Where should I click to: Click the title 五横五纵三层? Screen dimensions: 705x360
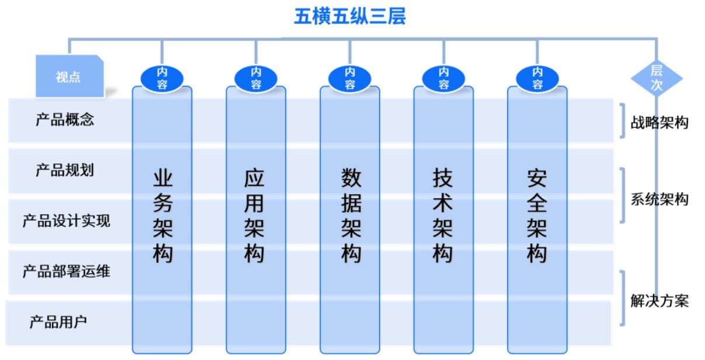[x=350, y=16]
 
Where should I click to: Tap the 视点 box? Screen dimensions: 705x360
[x=70, y=76]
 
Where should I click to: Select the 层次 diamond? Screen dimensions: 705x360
[x=657, y=78]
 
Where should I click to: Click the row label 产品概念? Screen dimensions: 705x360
[x=65, y=120]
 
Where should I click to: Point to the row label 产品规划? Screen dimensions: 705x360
[x=65, y=171]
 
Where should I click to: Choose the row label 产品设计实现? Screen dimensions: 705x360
[x=67, y=221]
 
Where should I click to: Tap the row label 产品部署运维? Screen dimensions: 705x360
[x=67, y=271]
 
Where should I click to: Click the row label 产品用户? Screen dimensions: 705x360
[x=58, y=322]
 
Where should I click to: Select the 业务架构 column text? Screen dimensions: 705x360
[x=163, y=216]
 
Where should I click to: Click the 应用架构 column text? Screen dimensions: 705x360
[x=254, y=216]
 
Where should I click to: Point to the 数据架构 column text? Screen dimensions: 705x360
[x=351, y=216]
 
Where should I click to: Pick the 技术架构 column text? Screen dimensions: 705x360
[x=443, y=216]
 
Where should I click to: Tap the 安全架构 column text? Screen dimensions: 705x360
[x=537, y=216]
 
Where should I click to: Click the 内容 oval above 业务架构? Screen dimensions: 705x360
[x=162, y=79]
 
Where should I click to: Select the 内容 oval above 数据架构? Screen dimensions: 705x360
[x=350, y=79]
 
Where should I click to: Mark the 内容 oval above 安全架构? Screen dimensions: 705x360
[x=537, y=79]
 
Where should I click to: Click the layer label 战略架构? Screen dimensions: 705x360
[x=659, y=122]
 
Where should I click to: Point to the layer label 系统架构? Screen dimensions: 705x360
[x=659, y=199]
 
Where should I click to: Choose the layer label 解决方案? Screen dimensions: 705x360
[x=659, y=301]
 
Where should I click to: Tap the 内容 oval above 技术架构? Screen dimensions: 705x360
[x=443, y=79]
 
